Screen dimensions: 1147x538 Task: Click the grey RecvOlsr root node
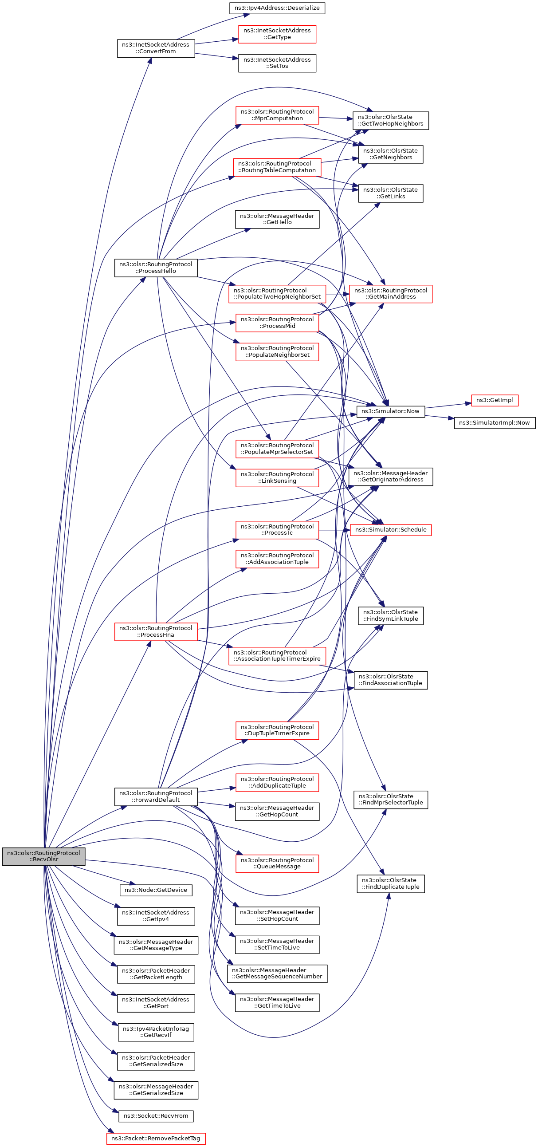click(x=43, y=856)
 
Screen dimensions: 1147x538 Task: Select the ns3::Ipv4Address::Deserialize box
click(x=277, y=8)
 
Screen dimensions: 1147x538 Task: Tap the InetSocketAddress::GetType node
click(x=277, y=34)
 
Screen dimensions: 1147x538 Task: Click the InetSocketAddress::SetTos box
click(x=277, y=63)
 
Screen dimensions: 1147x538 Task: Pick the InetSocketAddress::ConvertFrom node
click(x=156, y=48)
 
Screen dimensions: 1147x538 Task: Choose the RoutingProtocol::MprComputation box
click(x=277, y=115)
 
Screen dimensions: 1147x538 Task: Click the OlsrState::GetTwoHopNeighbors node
click(x=390, y=120)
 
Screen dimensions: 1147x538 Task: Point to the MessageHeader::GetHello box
click(x=277, y=219)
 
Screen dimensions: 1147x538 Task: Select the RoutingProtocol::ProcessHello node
click(x=156, y=268)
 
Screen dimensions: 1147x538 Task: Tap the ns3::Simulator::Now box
click(x=390, y=411)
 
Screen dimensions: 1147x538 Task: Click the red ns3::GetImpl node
click(x=494, y=400)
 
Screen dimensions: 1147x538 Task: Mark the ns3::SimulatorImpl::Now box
click(x=494, y=422)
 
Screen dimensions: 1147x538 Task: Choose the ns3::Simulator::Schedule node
click(x=390, y=529)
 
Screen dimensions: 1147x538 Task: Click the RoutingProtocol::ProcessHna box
click(x=156, y=631)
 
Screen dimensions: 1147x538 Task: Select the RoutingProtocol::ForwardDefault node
click(x=156, y=796)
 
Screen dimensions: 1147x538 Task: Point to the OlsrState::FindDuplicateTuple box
click(x=390, y=883)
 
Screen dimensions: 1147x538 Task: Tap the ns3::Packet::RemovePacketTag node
click(x=156, y=1138)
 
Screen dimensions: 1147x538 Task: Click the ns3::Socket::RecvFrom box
click(x=156, y=1115)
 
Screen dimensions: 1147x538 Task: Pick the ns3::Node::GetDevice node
click(x=156, y=890)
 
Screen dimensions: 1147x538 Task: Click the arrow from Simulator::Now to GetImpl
click(x=448, y=405)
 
